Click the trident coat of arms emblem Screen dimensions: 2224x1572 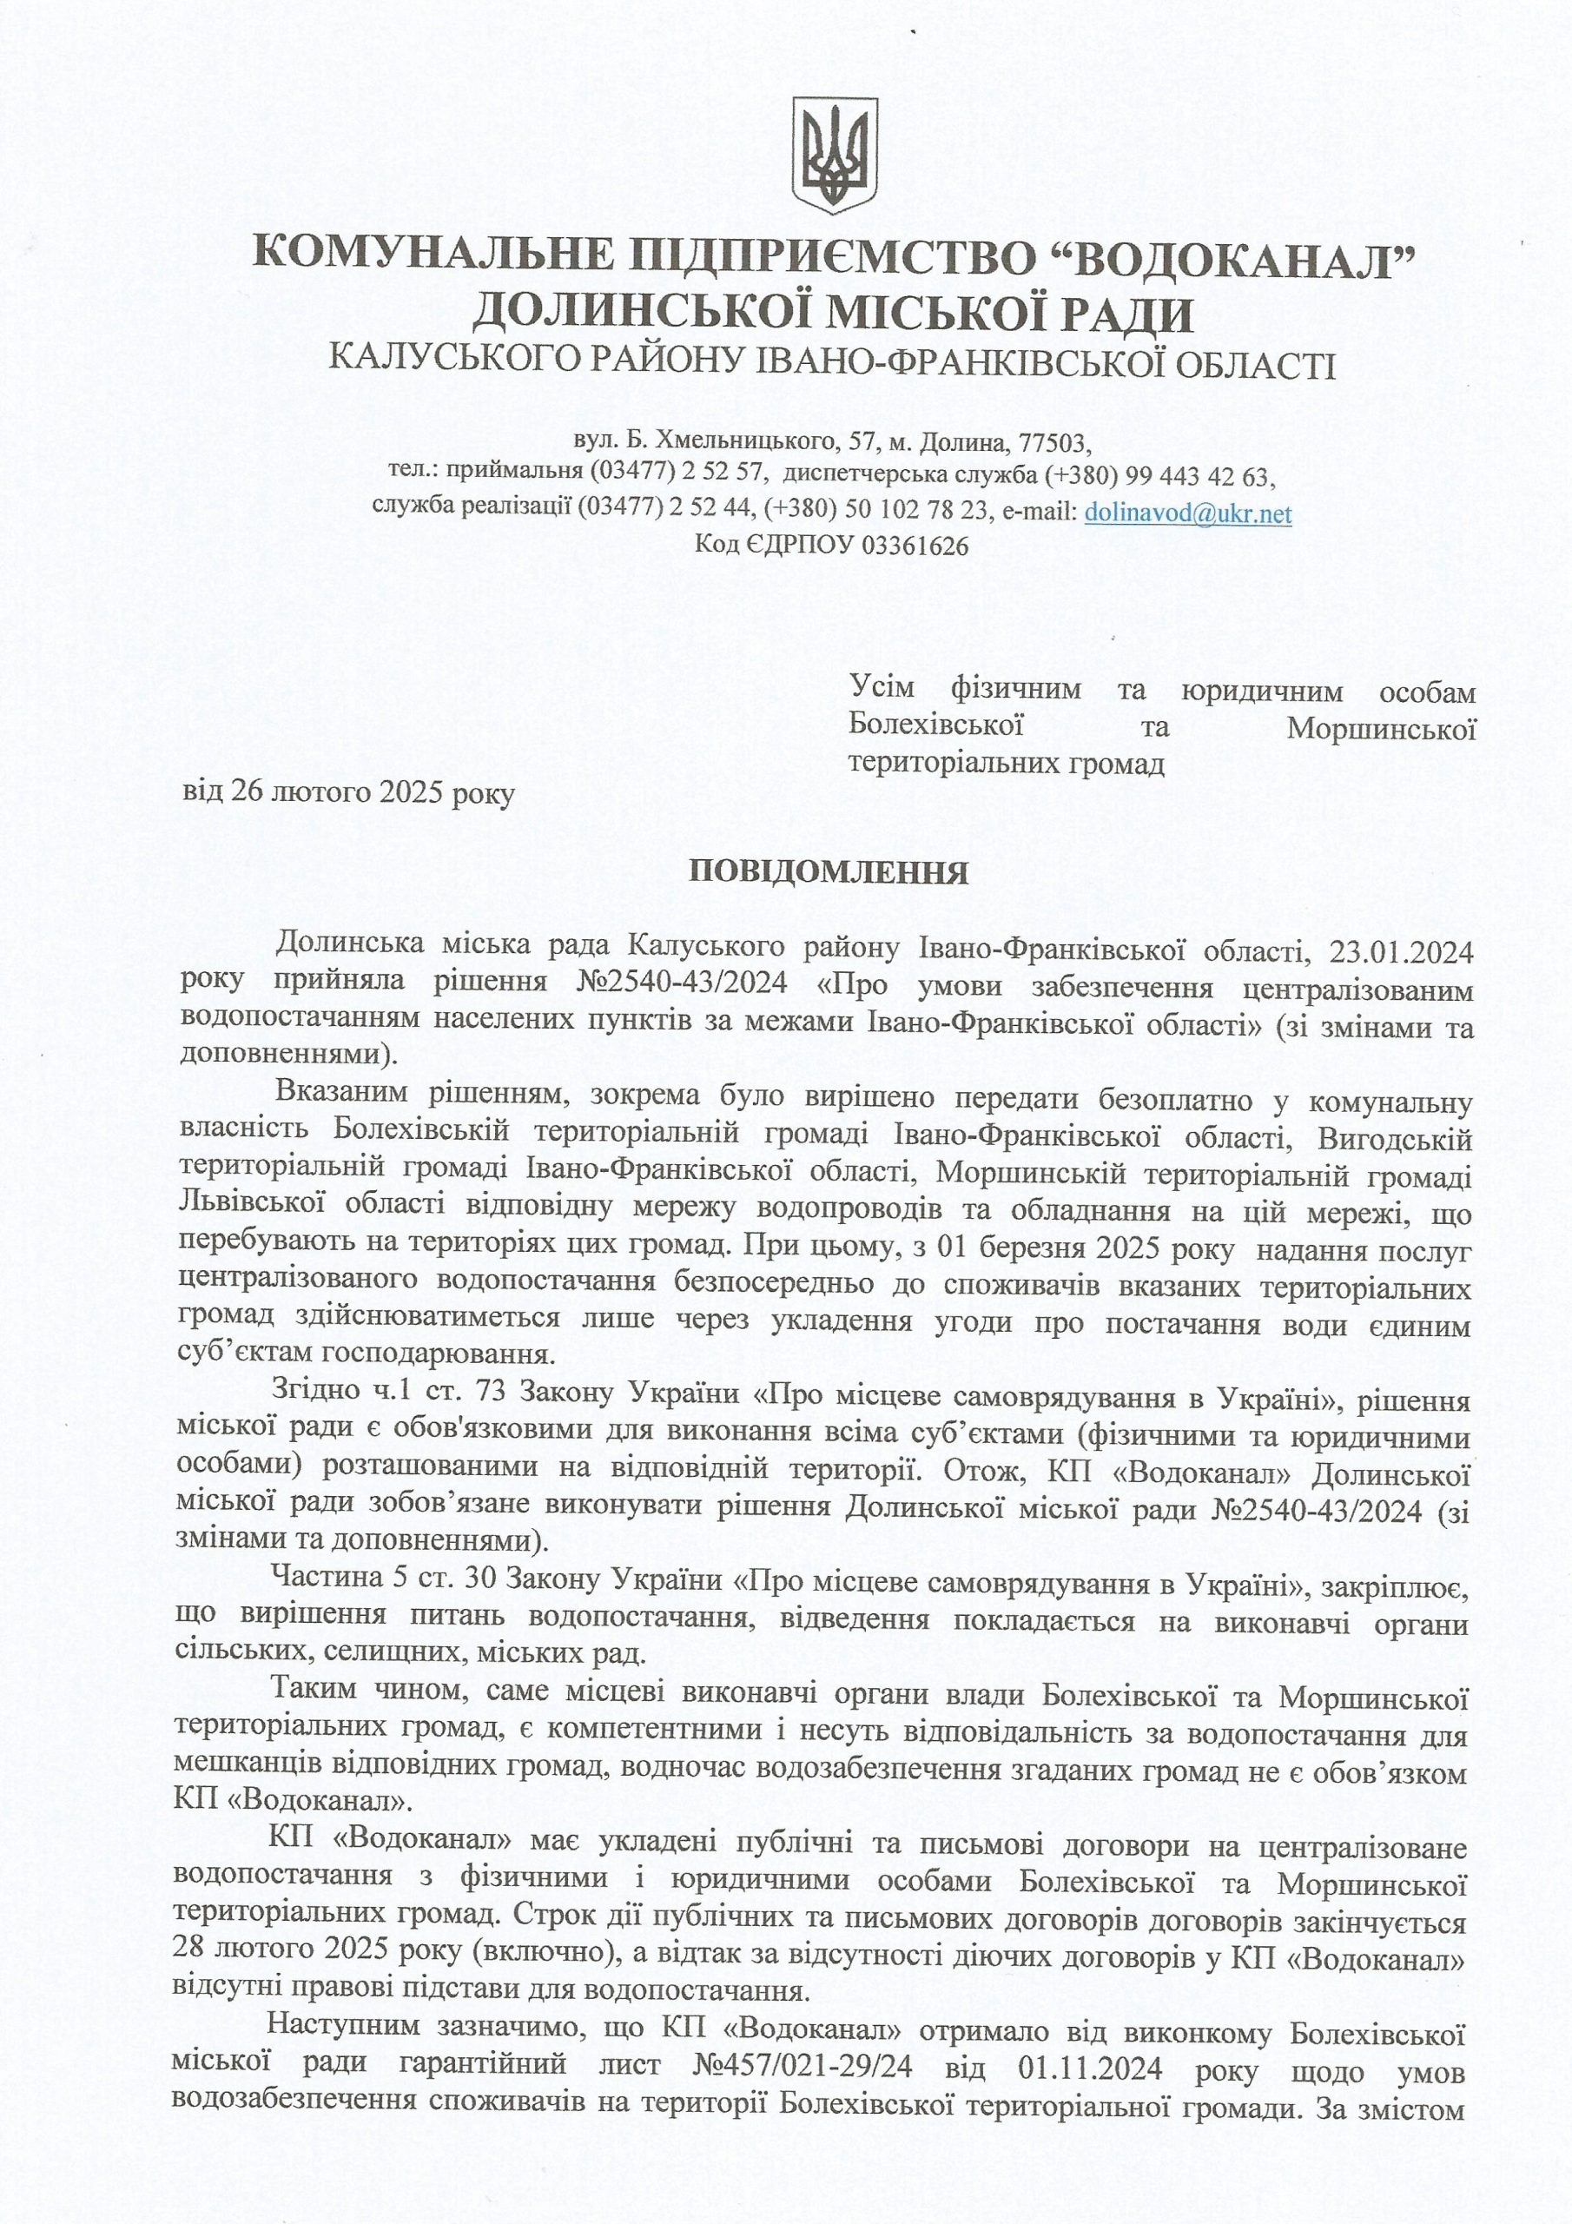[x=835, y=155]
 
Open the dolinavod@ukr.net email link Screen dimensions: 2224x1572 [x=1187, y=513]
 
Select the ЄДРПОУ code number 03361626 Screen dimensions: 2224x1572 [x=915, y=546]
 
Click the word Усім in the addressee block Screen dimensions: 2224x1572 [x=882, y=692]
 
